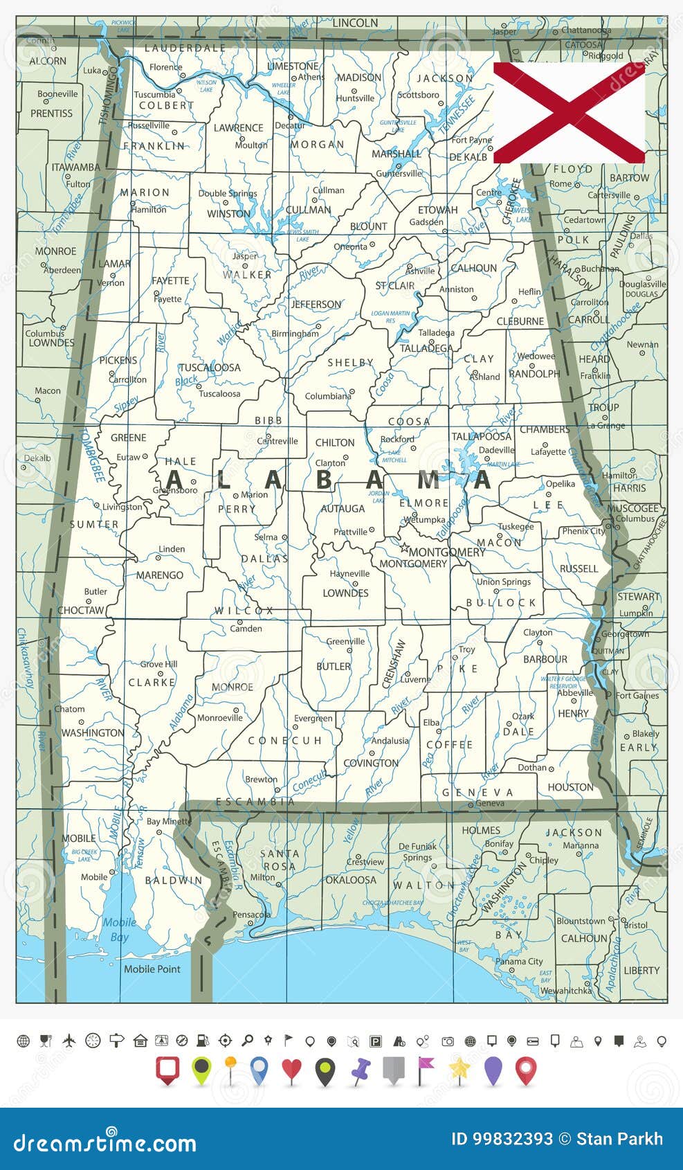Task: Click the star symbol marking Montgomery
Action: (x=404, y=547)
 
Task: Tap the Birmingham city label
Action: (x=295, y=334)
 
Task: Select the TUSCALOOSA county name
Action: (x=210, y=368)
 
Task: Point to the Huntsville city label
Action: (x=355, y=98)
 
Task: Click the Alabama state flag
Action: (x=569, y=112)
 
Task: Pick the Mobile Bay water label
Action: (x=120, y=930)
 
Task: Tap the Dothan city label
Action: (x=532, y=767)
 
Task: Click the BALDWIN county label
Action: (x=174, y=881)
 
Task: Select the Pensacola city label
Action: (x=251, y=915)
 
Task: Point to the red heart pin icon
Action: (x=291, y=1070)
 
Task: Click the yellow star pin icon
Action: (x=459, y=1070)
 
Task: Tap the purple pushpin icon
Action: (x=360, y=1070)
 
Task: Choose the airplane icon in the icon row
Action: (x=69, y=1041)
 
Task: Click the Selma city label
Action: (x=266, y=537)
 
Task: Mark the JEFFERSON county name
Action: (x=316, y=305)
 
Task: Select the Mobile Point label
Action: (x=152, y=969)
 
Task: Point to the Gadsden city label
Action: (x=426, y=222)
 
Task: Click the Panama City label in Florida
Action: (x=519, y=962)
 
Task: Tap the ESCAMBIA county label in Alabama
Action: (x=255, y=802)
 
